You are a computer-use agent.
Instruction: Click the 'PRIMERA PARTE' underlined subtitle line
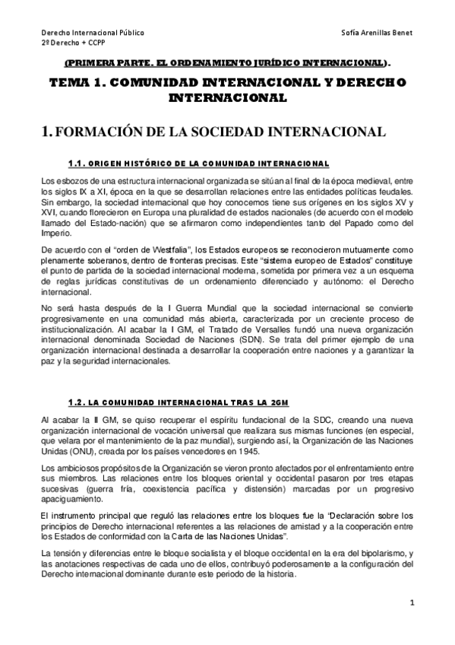(232, 64)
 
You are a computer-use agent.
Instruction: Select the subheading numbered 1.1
(198, 164)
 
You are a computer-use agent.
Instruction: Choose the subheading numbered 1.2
(179, 401)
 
